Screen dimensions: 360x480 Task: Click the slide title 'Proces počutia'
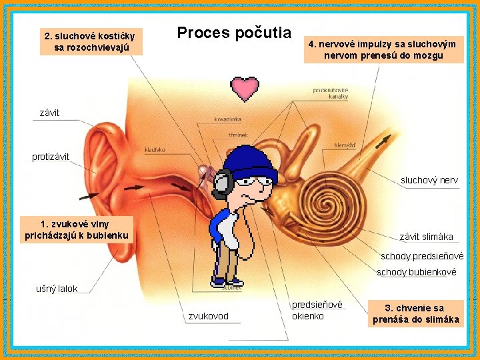233,32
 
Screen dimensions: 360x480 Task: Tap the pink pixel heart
245,88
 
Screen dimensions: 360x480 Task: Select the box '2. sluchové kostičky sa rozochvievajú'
89,41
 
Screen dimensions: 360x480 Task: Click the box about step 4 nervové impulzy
383,49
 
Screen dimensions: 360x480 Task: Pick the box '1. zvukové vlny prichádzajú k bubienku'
75,229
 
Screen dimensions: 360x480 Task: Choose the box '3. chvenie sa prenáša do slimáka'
415,313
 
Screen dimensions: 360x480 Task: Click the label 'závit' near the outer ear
49,113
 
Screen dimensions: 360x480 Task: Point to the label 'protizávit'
51,157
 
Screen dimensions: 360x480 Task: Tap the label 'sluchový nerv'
429,180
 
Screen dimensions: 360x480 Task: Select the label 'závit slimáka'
426,237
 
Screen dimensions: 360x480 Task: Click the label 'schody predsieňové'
421,256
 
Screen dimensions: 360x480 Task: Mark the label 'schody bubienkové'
417,272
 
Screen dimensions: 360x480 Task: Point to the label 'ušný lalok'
57,289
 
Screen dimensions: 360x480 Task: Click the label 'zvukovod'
208,316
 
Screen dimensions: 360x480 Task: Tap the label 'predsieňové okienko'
317,310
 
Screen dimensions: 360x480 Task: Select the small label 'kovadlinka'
228,119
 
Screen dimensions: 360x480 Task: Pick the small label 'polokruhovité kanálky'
331,93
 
